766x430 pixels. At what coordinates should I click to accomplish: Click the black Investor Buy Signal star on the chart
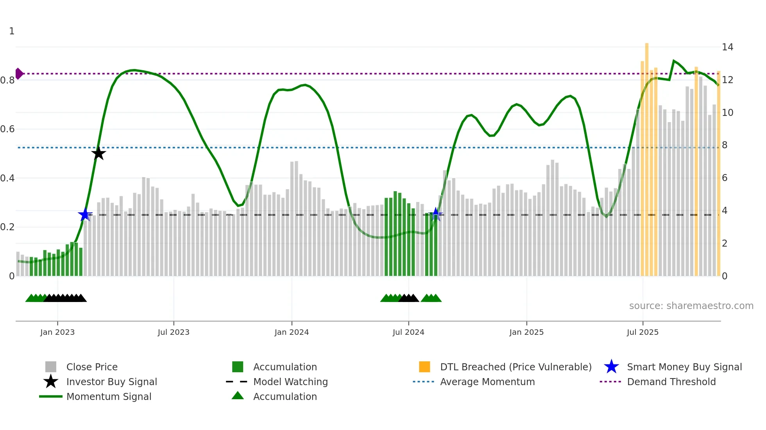98,153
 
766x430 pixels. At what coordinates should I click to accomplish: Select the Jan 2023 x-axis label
57,332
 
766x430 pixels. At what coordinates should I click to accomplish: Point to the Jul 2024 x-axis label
408,332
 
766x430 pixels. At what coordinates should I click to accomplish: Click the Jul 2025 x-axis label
643,332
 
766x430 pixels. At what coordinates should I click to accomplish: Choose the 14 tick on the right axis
727,47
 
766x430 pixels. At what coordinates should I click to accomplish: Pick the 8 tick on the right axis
725,145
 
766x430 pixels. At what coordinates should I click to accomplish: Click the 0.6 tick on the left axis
7,129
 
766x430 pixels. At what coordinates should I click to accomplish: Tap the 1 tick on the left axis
12,31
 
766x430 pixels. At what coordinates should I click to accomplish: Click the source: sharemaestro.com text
691,306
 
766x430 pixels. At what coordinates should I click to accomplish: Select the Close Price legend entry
92,367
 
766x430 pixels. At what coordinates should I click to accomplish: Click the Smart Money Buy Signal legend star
611,367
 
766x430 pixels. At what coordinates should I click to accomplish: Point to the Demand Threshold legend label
671,382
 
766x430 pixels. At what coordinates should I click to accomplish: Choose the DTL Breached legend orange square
424,367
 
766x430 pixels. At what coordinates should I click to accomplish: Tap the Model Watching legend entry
290,382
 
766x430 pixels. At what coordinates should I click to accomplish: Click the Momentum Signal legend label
109,396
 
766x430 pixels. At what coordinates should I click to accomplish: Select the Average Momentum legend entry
487,382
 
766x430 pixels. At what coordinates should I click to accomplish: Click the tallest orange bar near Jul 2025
647,156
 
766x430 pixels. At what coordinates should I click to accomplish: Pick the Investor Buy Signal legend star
51,382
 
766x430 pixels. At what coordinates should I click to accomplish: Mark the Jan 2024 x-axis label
292,332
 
